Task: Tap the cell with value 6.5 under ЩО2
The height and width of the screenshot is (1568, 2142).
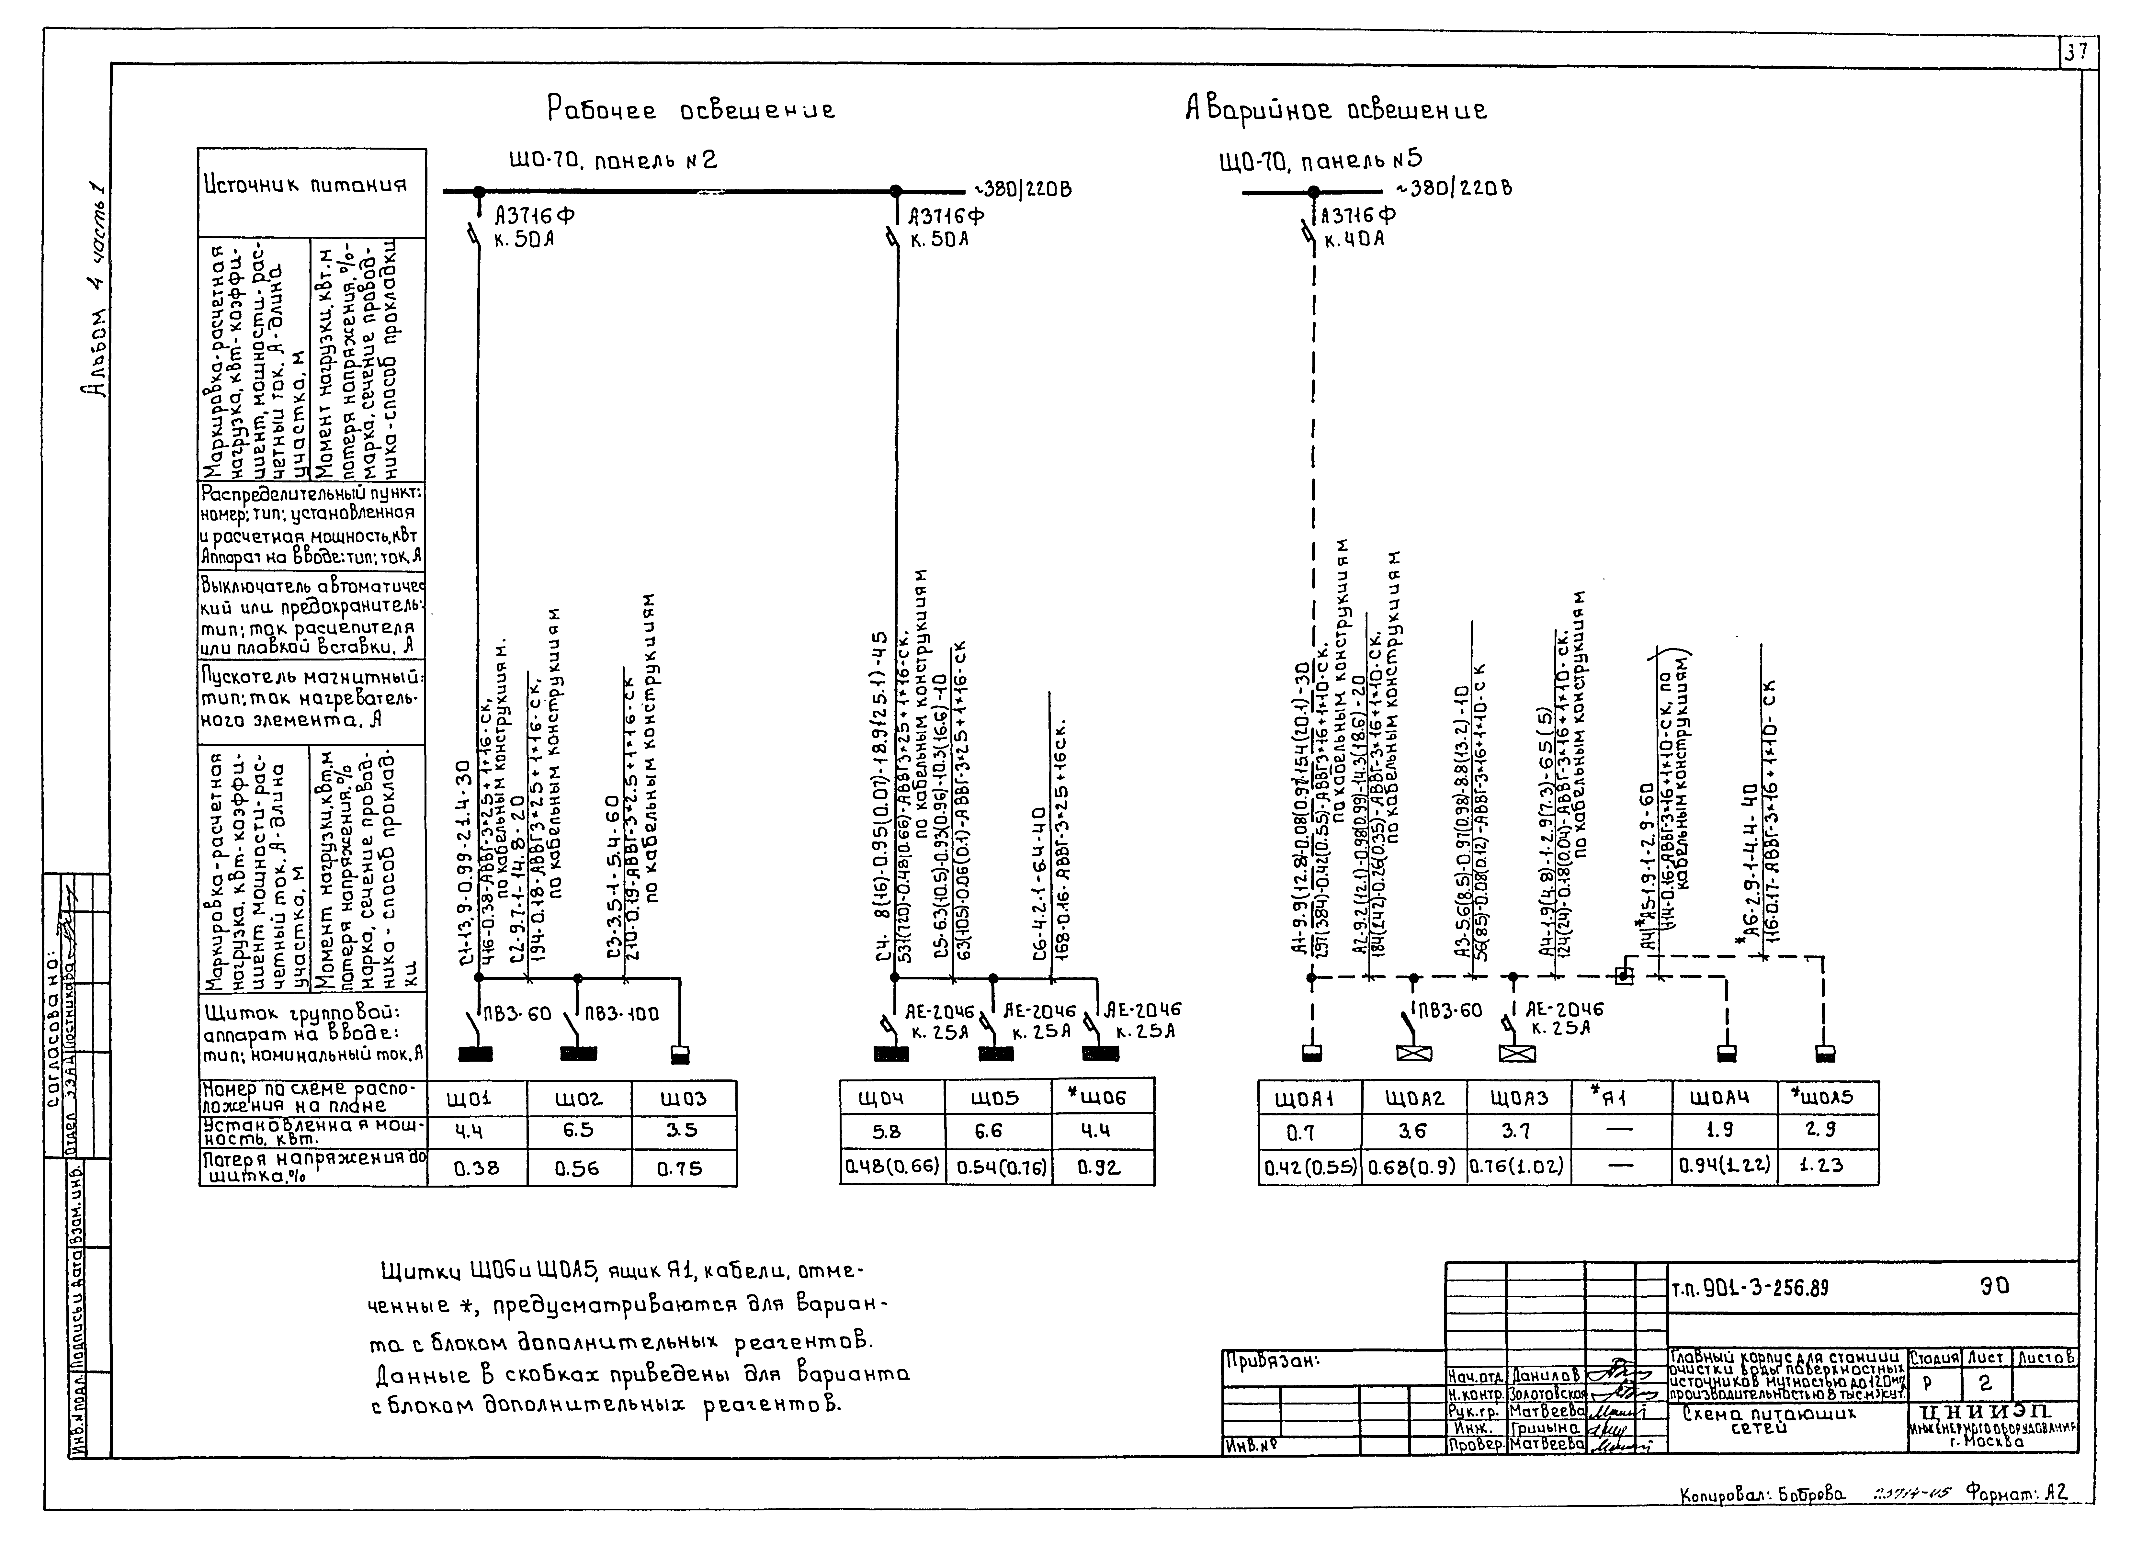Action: (x=578, y=1131)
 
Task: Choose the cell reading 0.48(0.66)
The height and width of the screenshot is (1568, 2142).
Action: (x=892, y=1167)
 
